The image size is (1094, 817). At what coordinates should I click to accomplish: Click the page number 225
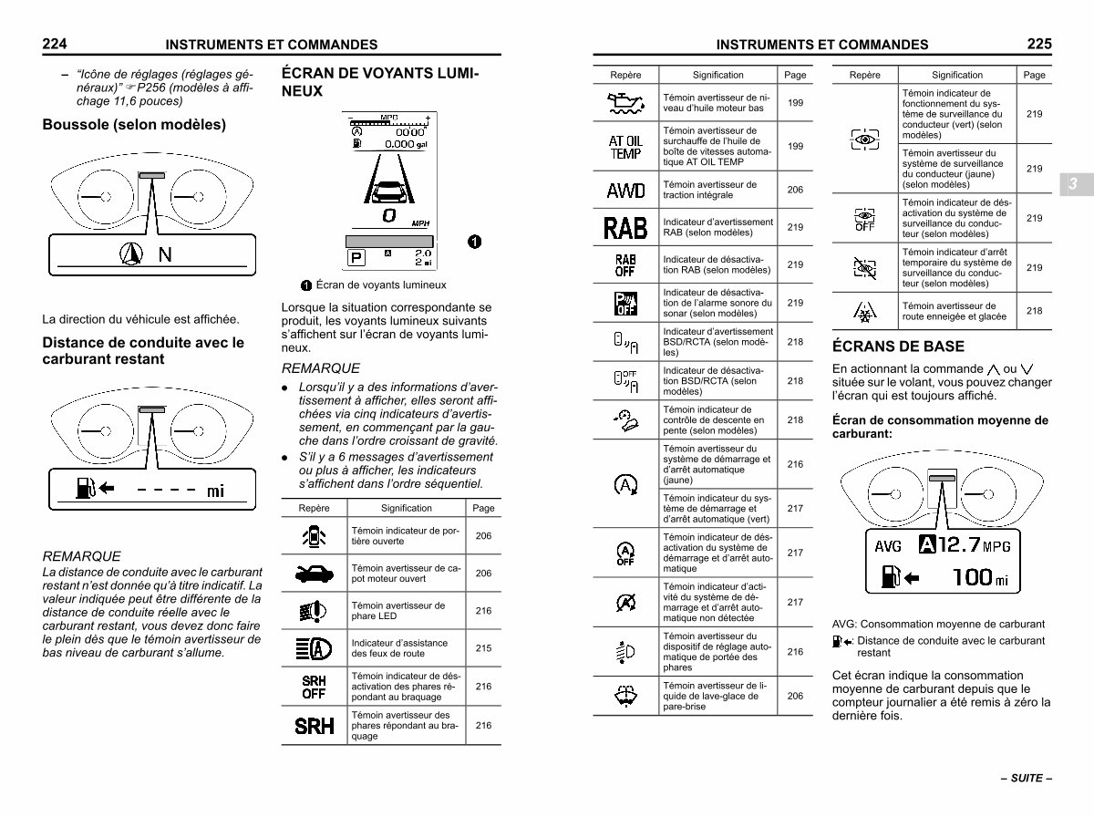[x=1039, y=43]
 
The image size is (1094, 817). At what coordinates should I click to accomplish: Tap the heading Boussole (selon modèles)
[x=134, y=124]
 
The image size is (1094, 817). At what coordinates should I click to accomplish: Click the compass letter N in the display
[x=165, y=254]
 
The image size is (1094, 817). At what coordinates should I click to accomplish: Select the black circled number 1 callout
[x=474, y=242]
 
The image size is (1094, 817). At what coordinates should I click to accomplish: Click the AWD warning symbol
[x=625, y=191]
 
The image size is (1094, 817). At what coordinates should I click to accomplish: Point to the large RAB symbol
[x=625, y=227]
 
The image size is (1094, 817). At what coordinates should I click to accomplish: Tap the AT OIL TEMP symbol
[x=625, y=147]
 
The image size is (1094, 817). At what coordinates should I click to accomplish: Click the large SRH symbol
[x=314, y=726]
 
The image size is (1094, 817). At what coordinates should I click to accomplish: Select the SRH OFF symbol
[x=314, y=687]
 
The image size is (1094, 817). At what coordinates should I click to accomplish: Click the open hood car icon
[x=314, y=573]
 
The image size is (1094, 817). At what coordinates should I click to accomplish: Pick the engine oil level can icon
[x=625, y=103]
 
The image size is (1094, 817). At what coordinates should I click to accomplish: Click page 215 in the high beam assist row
[x=483, y=648]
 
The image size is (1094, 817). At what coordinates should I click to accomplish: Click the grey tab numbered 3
[x=1073, y=184]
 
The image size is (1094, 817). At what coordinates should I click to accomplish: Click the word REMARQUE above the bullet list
[x=321, y=368]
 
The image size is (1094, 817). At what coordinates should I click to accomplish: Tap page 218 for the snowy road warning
[x=1034, y=311]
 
